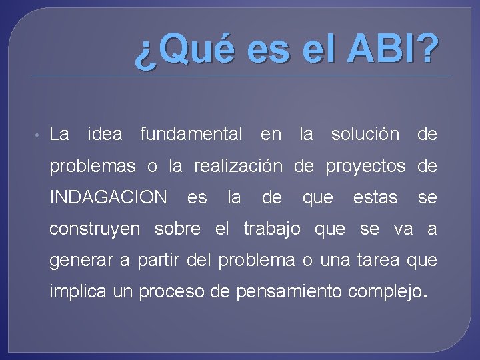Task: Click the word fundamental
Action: point(191,135)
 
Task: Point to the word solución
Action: point(365,135)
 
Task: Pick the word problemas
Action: point(92,167)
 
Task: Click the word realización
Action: point(238,166)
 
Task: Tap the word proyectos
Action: point(365,167)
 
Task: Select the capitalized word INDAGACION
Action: point(109,198)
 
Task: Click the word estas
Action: point(375,198)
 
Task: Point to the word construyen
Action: point(95,230)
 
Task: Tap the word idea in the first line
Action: point(105,135)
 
